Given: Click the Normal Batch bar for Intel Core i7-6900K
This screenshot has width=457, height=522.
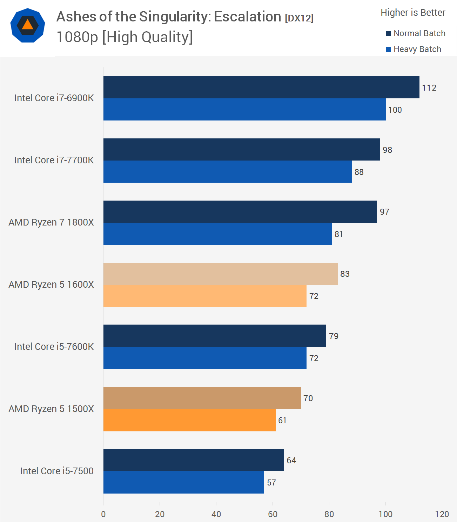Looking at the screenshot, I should point(261,87).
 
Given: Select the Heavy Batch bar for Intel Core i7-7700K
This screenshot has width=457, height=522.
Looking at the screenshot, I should point(227,171).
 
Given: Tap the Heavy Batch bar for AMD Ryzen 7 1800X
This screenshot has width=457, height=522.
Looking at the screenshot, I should point(217,234).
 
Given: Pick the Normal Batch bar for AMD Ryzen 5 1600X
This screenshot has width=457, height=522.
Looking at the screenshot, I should point(220,274).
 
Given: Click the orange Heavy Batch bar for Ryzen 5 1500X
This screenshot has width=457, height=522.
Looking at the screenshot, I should point(189,420).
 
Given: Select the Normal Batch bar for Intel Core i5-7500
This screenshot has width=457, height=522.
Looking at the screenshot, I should point(194,460).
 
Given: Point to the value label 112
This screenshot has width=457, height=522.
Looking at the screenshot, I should point(429,88).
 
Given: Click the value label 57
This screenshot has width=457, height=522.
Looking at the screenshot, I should point(271,483).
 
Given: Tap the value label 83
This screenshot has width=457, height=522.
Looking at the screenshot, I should point(345,274).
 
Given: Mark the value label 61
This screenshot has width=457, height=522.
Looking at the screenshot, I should point(282,420).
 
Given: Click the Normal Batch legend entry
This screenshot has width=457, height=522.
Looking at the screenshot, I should point(416,33).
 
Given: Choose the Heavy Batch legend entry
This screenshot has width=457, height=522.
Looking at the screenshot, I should point(414,49).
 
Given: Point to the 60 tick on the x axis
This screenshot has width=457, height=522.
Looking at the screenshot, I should point(273,514).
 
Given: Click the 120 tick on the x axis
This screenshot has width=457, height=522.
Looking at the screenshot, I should point(442,514).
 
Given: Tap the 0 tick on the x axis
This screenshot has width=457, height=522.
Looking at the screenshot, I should point(103,514).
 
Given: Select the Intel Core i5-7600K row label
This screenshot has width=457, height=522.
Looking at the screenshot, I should point(54,347).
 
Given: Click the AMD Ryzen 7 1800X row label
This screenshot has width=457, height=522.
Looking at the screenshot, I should point(51,222).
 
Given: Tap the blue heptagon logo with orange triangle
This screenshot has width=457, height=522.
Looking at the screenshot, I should point(28,25).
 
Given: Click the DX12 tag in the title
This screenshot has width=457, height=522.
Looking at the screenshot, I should point(299,18).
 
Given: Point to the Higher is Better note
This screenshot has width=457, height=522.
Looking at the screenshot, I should point(413,13).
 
